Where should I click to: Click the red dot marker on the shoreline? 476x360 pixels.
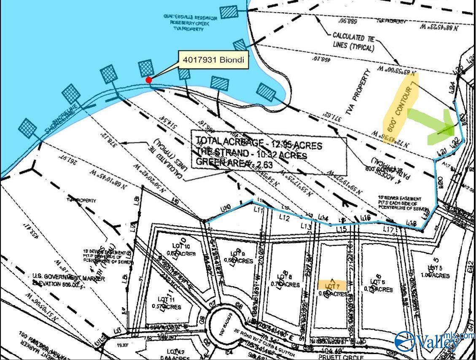tap(148, 80)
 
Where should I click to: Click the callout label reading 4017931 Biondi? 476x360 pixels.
tap(213, 60)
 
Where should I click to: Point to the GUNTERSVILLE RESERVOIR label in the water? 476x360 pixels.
tap(191, 17)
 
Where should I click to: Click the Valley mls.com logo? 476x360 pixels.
tap(434, 340)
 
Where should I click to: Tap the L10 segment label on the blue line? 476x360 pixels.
tap(226, 208)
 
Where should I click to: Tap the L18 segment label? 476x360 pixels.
tap(411, 223)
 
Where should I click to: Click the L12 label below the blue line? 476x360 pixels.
tap(284, 218)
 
